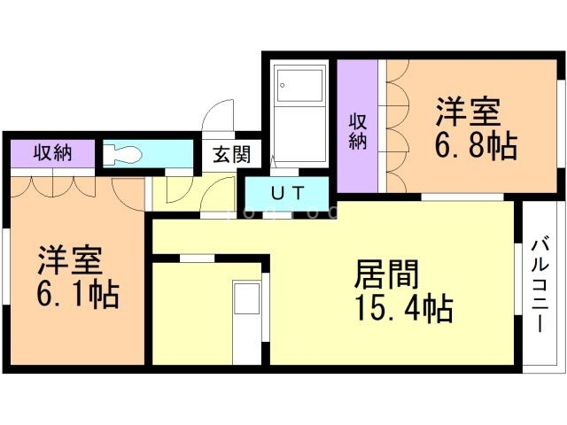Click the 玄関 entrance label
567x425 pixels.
231,154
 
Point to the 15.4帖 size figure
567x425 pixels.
403,310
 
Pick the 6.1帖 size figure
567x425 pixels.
77,293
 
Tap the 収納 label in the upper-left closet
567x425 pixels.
52,152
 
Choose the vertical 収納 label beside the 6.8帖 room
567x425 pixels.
357,131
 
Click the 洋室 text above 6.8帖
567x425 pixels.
468,112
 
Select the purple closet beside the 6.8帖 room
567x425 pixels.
357,124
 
